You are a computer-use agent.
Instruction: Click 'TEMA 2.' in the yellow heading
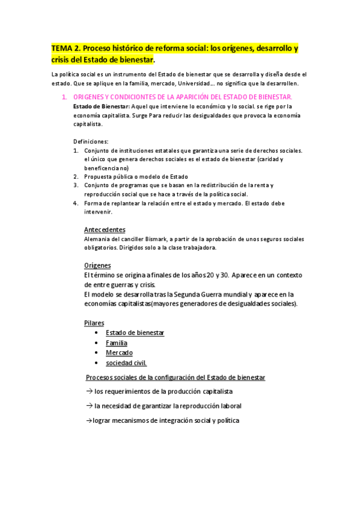pyautogui.click(x=66, y=48)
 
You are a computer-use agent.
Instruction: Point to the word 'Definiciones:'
pyautogui.click(x=91, y=141)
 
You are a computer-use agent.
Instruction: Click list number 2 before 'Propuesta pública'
pyautogui.click(x=76, y=176)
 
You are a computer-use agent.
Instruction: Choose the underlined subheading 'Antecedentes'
pyautogui.click(x=105, y=230)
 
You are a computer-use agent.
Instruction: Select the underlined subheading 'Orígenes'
pyautogui.click(x=97, y=265)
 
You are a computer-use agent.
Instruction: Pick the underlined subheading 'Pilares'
pyautogui.click(x=94, y=323)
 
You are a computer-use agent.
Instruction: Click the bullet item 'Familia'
pyautogui.click(x=116, y=343)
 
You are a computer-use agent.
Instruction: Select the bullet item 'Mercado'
pyautogui.click(x=119, y=352)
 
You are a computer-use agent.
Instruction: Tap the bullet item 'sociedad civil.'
pyautogui.click(x=126, y=363)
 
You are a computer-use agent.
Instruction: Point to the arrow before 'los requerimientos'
pyautogui.click(x=88, y=392)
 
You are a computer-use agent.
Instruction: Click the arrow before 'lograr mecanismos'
pyautogui.click(x=88, y=420)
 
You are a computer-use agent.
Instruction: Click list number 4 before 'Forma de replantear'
pyautogui.click(x=76, y=203)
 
